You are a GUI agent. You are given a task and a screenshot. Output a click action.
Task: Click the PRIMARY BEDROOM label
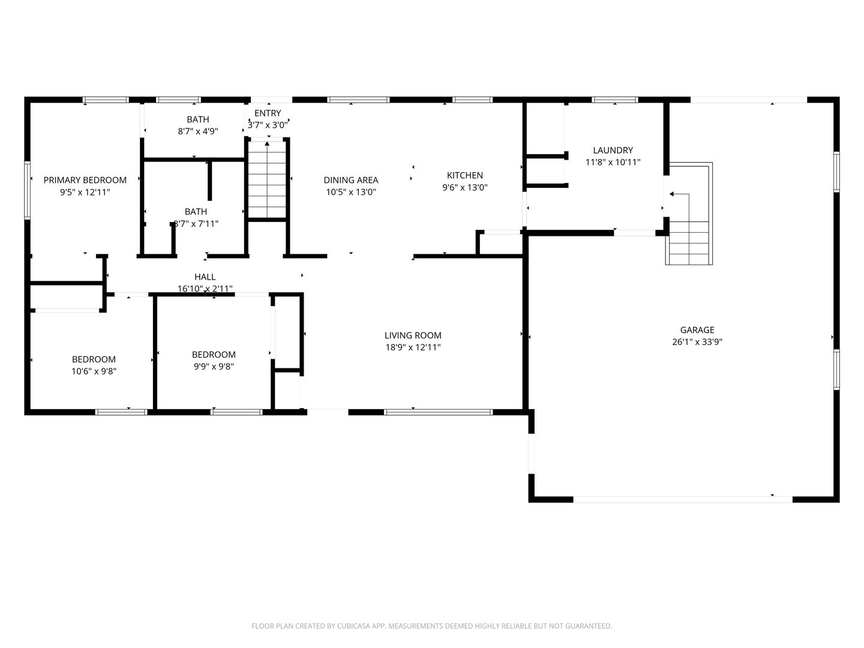(x=85, y=180)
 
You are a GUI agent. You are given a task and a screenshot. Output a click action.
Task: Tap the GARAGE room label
(x=697, y=330)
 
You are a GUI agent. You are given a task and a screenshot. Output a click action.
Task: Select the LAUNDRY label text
(x=613, y=150)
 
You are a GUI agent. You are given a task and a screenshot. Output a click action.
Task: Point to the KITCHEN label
(x=465, y=175)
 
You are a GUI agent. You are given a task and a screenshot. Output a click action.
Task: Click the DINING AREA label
(x=351, y=180)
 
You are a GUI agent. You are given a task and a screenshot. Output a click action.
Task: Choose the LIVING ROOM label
(x=413, y=335)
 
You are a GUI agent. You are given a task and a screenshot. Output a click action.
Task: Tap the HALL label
(x=205, y=277)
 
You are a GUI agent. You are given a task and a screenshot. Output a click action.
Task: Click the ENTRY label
(x=268, y=113)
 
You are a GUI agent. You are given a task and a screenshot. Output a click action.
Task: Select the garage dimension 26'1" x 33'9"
(x=697, y=342)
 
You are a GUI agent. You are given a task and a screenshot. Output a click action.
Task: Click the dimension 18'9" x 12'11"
(x=413, y=347)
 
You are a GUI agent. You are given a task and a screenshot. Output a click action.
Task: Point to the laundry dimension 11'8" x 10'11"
(x=613, y=162)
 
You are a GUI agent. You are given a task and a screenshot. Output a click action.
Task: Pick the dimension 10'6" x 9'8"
(x=94, y=371)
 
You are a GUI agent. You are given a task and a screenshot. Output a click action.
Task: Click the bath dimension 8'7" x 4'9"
(x=198, y=131)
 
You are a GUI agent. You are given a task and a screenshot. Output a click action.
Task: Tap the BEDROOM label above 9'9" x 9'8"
(x=214, y=355)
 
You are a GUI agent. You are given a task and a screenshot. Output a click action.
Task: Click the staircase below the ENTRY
(x=267, y=179)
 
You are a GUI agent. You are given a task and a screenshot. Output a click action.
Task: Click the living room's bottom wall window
(x=439, y=412)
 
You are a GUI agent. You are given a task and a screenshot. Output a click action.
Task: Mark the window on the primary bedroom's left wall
(x=28, y=190)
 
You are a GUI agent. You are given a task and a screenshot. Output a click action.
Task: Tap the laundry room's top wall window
(x=615, y=100)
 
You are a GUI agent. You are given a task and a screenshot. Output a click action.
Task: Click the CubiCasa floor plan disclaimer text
(x=432, y=626)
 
